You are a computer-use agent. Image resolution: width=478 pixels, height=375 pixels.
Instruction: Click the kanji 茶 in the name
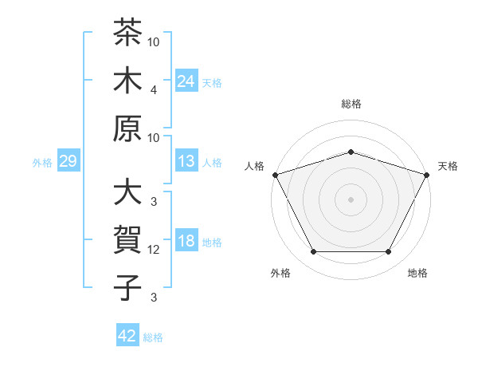(x=127, y=32)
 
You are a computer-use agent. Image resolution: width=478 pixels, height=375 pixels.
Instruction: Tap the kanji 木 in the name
(x=127, y=80)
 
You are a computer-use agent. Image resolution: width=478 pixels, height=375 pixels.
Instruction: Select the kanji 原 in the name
(x=127, y=128)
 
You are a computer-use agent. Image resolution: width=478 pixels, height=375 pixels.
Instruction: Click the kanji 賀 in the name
(x=127, y=239)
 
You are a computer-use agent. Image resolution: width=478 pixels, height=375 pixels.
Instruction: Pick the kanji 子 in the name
(x=127, y=287)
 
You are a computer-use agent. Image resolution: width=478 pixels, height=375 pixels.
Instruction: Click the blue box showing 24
(x=186, y=81)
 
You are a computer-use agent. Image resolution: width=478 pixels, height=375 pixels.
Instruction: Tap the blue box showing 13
(x=186, y=160)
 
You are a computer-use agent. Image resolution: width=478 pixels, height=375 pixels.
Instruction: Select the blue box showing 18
(x=186, y=239)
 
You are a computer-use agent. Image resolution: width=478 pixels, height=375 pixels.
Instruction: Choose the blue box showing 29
(x=69, y=160)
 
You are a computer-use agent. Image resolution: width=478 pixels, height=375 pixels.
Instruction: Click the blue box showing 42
(x=127, y=334)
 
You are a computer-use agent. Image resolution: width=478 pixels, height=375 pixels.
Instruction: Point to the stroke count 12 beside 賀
(x=153, y=250)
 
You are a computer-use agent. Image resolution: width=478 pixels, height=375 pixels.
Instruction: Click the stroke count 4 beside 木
(x=154, y=90)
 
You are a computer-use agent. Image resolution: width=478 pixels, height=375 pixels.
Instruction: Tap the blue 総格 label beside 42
(x=153, y=337)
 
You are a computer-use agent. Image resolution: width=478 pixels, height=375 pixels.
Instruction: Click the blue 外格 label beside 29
(x=42, y=163)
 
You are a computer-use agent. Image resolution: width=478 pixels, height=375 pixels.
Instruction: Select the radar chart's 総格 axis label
(x=351, y=104)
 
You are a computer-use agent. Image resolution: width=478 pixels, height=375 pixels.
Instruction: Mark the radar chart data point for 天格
(x=427, y=175)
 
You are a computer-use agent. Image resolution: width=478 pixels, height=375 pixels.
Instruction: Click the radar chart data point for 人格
(x=276, y=175)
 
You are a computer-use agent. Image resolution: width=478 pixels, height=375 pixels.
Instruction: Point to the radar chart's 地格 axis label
(x=417, y=273)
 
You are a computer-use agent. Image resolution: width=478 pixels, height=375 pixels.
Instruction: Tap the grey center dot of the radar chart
(x=351, y=199)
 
